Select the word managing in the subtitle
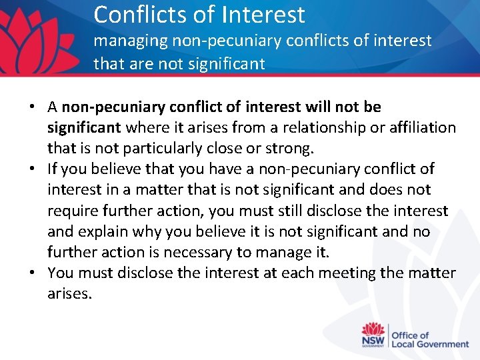(x=130, y=41)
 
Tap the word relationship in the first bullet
(x=317, y=127)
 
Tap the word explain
(x=103, y=231)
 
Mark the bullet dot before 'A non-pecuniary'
(x=33, y=107)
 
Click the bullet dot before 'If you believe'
(x=33, y=169)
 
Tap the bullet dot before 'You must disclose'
(x=33, y=273)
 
